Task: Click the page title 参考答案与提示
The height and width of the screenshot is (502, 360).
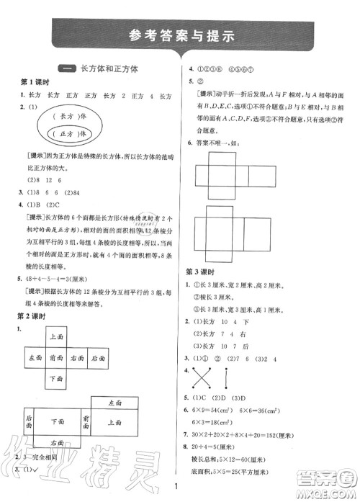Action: [x=179, y=37]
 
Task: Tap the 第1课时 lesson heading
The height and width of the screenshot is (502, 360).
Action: [x=33, y=84]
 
